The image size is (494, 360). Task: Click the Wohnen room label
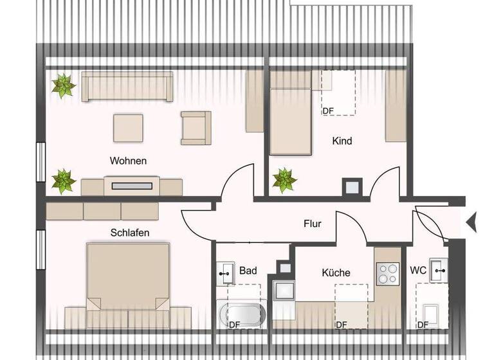128,161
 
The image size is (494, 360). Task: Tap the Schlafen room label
130,233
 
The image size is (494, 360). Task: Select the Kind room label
342,141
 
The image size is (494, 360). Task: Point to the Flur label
313,224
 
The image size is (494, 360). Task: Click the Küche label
336,273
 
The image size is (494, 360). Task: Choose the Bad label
248,271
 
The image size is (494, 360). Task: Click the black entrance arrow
471,222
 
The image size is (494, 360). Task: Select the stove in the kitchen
388,274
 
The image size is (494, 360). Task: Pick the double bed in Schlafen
128,276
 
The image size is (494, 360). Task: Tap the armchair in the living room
196,127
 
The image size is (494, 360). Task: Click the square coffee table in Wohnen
129,127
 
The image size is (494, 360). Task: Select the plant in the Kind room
284,179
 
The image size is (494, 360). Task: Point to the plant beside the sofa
63,85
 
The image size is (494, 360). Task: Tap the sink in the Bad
226,273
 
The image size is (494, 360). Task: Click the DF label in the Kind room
328,111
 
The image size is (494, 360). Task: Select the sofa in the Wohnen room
127,87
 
